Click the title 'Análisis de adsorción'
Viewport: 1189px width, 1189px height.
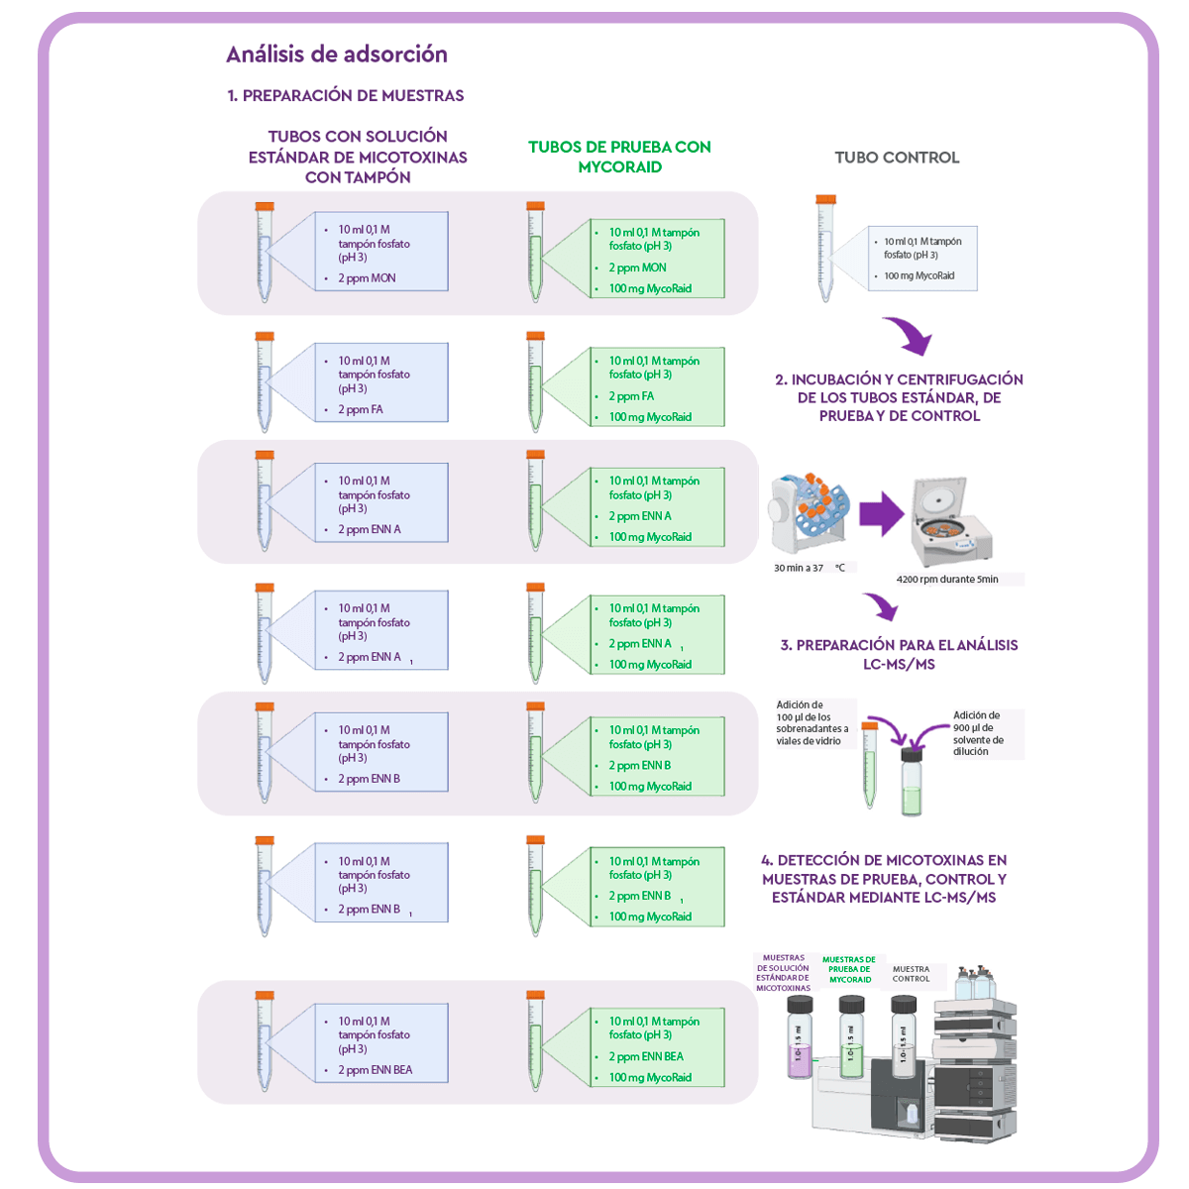[x=337, y=54]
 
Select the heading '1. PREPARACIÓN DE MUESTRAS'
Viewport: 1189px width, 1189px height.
[x=346, y=96]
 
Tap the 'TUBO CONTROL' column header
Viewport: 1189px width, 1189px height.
[x=897, y=158]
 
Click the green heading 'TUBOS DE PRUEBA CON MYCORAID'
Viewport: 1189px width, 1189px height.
[x=619, y=157]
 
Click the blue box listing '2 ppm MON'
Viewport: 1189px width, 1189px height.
[x=381, y=252]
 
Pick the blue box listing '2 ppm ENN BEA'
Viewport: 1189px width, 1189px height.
[x=381, y=1044]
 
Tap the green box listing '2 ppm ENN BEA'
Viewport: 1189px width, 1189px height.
[x=657, y=1048]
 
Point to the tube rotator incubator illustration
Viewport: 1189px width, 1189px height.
[x=808, y=515]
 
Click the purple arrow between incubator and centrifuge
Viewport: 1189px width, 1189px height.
[x=880, y=515]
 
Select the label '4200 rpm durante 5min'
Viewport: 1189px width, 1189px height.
[x=947, y=580]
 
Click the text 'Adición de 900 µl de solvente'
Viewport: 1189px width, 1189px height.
[x=979, y=733]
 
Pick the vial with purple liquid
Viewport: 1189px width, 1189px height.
[x=799, y=1037]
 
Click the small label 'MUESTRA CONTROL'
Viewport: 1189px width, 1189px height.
[x=911, y=974]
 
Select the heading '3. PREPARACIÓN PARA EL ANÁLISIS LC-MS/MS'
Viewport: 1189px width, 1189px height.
[x=899, y=654]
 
